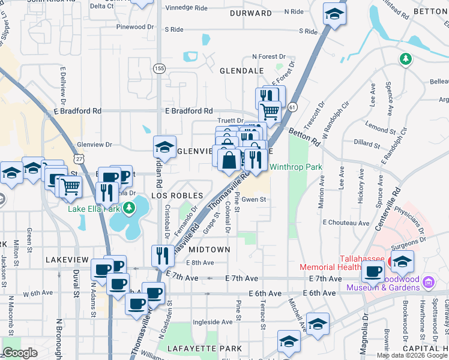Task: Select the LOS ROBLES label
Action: [x=173, y=196]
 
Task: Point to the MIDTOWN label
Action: [x=209, y=249]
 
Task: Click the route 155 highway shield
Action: [x=158, y=69]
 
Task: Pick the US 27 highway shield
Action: [x=79, y=158]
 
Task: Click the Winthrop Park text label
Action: [x=296, y=167]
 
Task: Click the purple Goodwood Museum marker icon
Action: [x=429, y=281]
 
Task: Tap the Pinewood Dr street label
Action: [x=135, y=27]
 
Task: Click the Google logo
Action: [x=20, y=353]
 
